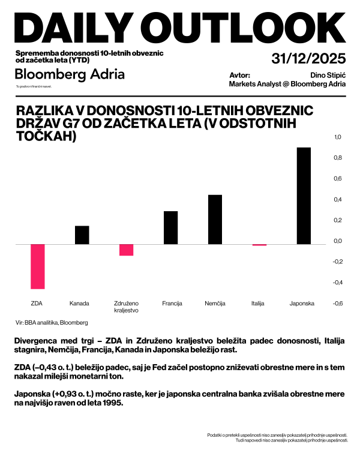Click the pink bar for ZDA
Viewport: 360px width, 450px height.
coord(38,266)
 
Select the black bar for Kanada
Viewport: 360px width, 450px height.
coord(82,235)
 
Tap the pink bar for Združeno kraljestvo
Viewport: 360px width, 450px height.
coord(127,250)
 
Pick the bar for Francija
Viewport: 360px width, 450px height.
coord(171,227)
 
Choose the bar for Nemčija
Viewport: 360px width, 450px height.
coord(215,220)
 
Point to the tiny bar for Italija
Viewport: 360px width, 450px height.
coord(259,245)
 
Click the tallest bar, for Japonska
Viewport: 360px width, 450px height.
coord(304,196)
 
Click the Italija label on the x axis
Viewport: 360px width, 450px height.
coord(259,304)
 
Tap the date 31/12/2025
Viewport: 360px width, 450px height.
coord(308,59)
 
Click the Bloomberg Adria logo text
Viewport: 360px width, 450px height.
coord(70,74)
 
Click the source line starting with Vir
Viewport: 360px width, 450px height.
coord(52,322)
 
